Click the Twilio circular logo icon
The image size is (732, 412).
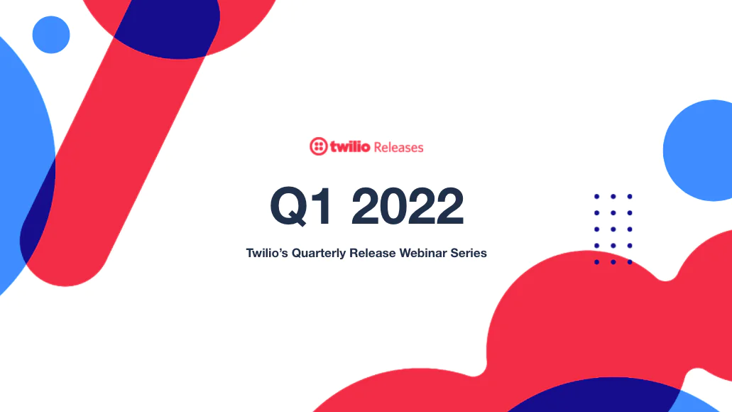click(x=318, y=146)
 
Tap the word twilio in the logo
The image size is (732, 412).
click(x=350, y=146)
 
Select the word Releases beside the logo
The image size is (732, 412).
click(x=399, y=148)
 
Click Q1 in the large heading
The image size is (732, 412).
click(x=301, y=206)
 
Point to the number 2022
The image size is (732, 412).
click(x=408, y=206)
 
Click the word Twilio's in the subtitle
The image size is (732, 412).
click(x=267, y=253)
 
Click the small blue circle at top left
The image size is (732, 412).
click(x=51, y=35)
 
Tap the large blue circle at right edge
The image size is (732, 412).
click(x=699, y=151)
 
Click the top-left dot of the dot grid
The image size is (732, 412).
click(x=596, y=197)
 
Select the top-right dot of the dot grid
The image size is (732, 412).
click(x=630, y=197)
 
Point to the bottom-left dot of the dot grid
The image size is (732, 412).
click(x=596, y=262)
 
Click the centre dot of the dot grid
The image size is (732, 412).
click(x=613, y=229)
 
